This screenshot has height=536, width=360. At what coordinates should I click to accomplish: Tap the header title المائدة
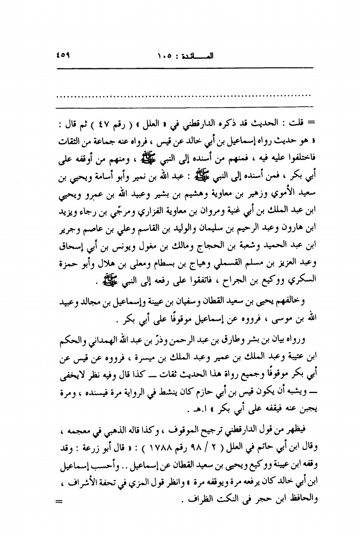(x=198, y=56)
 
